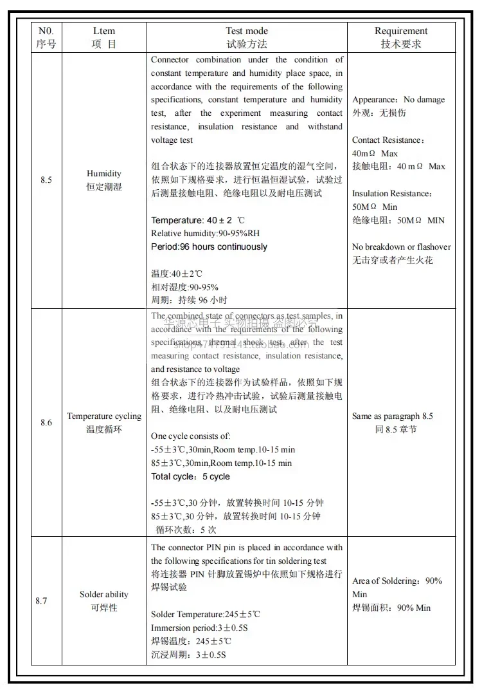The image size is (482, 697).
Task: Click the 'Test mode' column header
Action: tap(247, 31)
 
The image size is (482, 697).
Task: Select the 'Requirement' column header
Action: tap(401, 31)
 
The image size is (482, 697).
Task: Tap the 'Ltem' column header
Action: tap(104, 31)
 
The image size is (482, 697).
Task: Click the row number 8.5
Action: tap(46, 180)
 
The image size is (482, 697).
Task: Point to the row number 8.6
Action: tap(46, 423)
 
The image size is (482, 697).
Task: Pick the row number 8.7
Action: tap(41, 601)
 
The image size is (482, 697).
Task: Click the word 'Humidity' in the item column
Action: tap(104, 174)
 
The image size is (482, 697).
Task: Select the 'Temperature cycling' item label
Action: tap(104, 416)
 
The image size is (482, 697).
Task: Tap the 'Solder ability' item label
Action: tap(104, 595)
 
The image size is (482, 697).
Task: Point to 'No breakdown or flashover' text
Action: tap(402, 247)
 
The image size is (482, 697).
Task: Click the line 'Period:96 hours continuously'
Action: tap(210, 247)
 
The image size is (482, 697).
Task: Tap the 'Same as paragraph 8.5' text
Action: tap(393, 416)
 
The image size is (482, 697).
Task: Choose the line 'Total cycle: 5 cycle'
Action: tap(190, 477)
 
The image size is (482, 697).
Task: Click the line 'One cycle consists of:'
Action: tap(186, 436)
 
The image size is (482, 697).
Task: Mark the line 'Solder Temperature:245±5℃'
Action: tap(206, 615)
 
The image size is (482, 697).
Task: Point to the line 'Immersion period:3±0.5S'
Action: tap(199, 628)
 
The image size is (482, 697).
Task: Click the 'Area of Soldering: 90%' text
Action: tap(397, 581)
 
